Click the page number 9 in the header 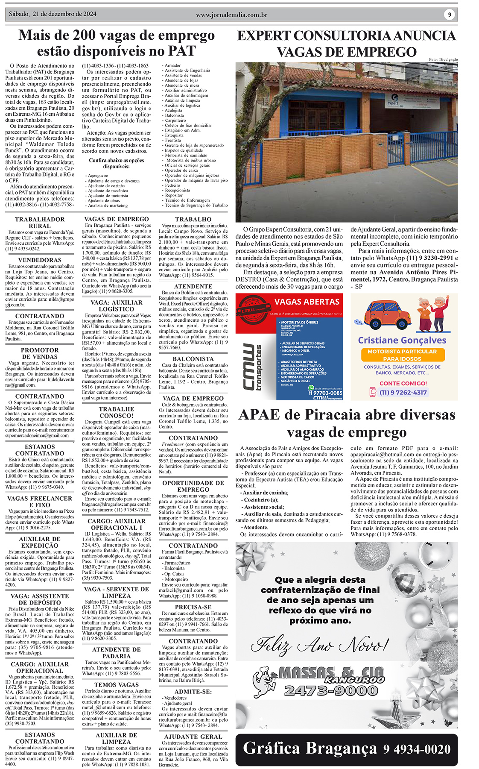(x=449, y=15)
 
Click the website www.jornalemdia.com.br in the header (x=231, y=15)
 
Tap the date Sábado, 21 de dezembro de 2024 (x=53, y=14)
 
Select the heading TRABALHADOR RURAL (x=40, y=223)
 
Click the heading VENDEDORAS (x=40, y=260)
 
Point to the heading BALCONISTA (x=193, y=359)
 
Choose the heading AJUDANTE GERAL (x=193, y=737)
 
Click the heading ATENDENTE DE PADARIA (x=117, y=653)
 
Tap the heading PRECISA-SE (x=193, y=607)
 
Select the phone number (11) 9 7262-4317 (x=403, y=392)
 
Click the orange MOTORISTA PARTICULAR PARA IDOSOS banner (x=402, y=355)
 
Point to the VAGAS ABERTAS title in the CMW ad (x=307, y=302)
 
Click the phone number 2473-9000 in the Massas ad (x=331, y=690)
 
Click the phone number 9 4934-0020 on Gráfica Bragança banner (x=417, y=749)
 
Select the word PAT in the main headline (x=182, y=51)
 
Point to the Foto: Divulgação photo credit (x=443, y=59)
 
